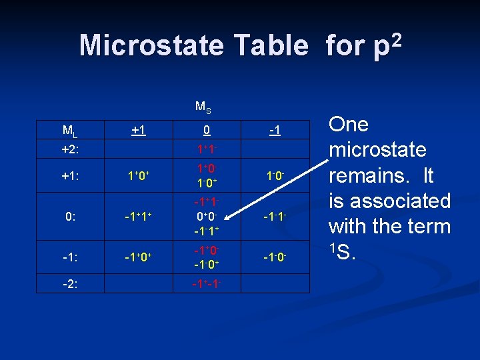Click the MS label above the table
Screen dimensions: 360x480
(x=204, y=106)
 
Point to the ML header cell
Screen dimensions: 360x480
(x=68, y=130)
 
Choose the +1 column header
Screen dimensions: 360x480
(x=139, y=129)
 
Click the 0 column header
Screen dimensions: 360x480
(x=207, y=129)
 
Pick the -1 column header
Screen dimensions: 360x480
(x=275, y=129)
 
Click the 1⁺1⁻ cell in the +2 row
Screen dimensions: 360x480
(x=207, y=147)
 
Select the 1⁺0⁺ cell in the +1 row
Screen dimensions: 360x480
(x=139, y=176)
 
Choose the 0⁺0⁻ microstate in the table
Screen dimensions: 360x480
(x=207, y=217)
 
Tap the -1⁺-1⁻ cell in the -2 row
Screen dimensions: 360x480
(x=207, y=284)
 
